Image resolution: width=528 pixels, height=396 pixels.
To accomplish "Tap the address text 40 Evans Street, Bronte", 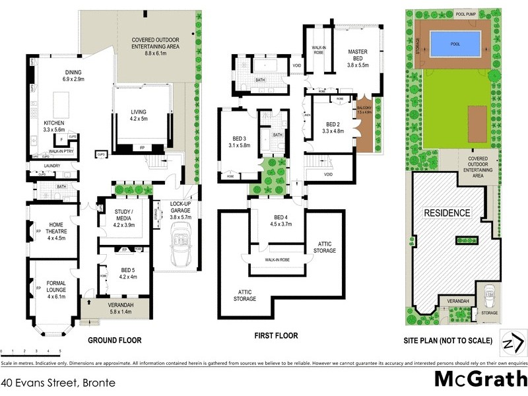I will pyautogui.click(x=58, y=382).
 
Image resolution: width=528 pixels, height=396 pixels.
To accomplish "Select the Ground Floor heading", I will pyautogui.click(x=115, y=341).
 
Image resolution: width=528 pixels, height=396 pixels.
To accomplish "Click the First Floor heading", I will pyautogui.click(x=276, y=336).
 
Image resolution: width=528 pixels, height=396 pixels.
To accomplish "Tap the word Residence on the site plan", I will pyautogui.click(x=447, y=213).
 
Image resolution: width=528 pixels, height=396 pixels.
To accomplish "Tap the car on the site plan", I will pyautogui.click(x=489, y=293).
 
